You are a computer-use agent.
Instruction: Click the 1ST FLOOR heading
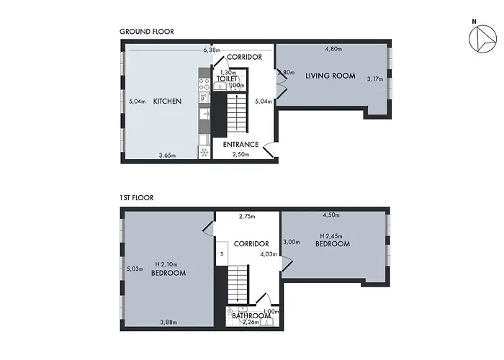tap(136, 197)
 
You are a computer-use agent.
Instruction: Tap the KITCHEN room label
tap(167, 102)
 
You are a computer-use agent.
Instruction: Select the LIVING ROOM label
tap(330, 76)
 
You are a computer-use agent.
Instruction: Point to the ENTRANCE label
tap(240, 145)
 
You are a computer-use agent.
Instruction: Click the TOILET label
tap(228, 78)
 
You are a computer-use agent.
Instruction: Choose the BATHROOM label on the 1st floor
tap(251, 315)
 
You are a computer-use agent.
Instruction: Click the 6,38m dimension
tap(211, 50)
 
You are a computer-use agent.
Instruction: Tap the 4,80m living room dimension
tap(333, 50)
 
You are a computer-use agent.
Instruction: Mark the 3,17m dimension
tap(375, 78)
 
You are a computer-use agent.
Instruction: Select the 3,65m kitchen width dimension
tap(168, 155)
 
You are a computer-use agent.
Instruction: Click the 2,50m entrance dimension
tap(240, 154)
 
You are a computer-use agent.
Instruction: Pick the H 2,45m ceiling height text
tap(333, 235)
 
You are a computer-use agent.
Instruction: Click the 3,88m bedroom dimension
tap(169, 321)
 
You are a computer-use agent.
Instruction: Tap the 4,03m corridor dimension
tap(266, 253)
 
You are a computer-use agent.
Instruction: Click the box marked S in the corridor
tap(222, 254)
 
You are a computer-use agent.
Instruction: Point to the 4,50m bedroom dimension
tap(331, 215)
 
